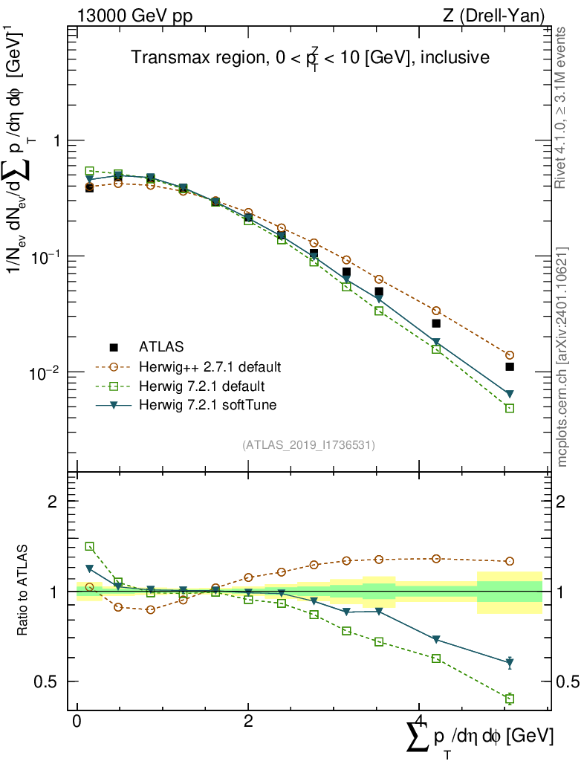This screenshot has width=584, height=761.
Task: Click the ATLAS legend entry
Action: (159, 346)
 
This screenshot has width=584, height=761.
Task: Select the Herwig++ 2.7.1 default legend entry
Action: (210, 367)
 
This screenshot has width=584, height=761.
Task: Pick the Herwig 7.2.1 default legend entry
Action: (201, 386)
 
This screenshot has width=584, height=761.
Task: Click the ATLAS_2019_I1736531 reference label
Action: (308, 445)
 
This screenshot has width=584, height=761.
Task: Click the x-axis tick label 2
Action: (248, 722)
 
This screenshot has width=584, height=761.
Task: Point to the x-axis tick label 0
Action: (77, 722)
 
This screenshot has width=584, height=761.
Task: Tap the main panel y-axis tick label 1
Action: (55, 140)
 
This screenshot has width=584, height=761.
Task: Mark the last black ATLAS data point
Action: (510, 367)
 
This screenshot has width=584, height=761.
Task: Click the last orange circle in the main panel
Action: (510, 355)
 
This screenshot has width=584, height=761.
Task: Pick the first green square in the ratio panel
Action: (90, 546)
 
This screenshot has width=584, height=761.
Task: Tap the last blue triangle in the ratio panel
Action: (510, 661)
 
